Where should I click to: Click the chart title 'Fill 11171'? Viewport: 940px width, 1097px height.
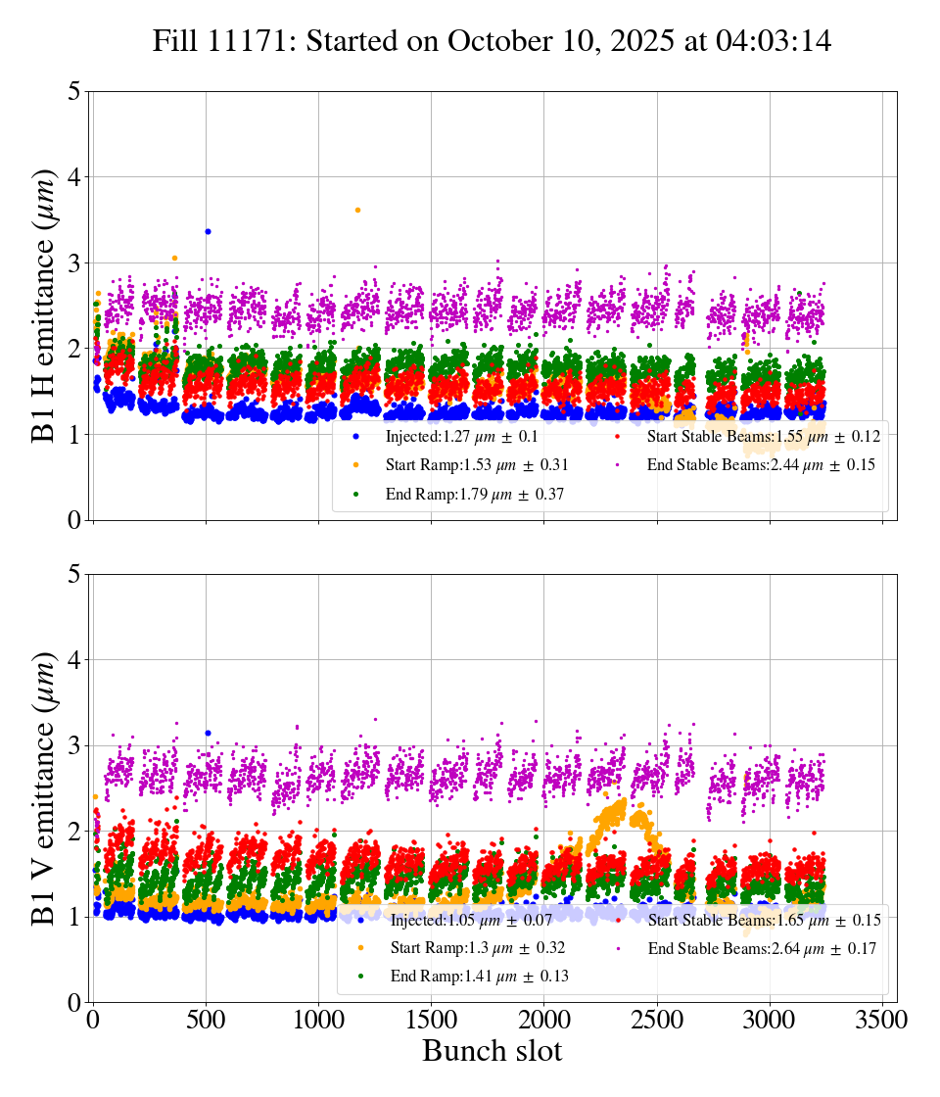click(x=492, y=41)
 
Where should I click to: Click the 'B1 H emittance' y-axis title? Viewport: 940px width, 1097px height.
click(x=45, y=305)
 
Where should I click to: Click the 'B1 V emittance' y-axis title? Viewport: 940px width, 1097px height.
click(x=45, y=787)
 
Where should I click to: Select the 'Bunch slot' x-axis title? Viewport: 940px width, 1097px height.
click(x=492, y=1052)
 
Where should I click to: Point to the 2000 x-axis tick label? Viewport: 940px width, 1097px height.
click(x=543, y=1020)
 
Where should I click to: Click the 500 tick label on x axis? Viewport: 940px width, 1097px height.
click(x=206, y=1020)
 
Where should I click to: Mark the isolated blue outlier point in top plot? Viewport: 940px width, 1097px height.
click(x=208, y=231)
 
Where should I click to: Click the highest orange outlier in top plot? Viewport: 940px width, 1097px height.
click(x=357, y=210)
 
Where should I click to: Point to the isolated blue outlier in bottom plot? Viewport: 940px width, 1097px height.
click(x=208, y=733)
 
